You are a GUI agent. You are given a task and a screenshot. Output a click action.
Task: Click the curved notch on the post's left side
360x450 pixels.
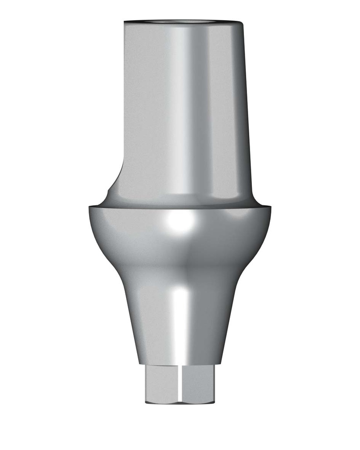pyautogui.click(x=115, y=176)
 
